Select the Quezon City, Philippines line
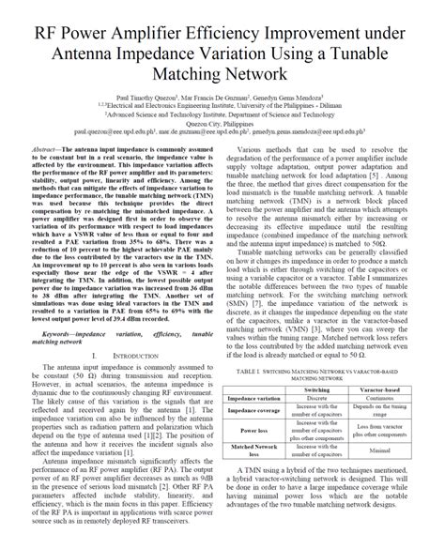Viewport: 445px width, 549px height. (x=222, y=123)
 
